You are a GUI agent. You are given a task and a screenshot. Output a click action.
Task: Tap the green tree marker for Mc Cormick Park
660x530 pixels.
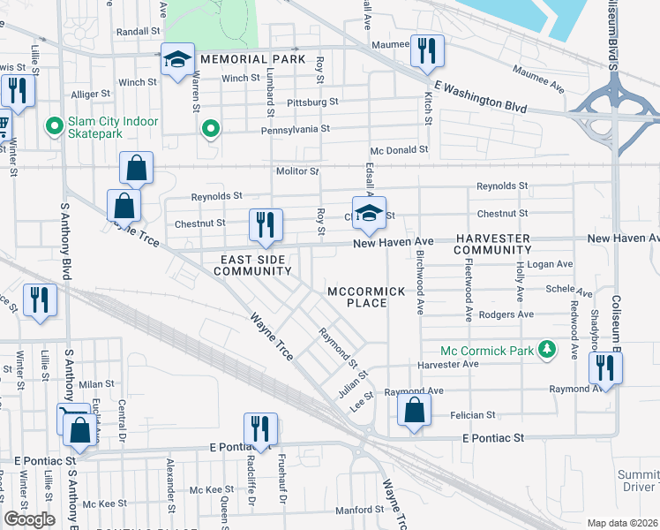point(547,350)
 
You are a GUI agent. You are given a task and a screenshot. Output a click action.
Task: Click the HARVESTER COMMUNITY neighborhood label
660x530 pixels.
point(492,245)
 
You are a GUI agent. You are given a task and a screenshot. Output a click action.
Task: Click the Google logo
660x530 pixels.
point(29,519)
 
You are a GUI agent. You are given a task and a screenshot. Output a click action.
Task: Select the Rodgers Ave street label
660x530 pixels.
point(505,314)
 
